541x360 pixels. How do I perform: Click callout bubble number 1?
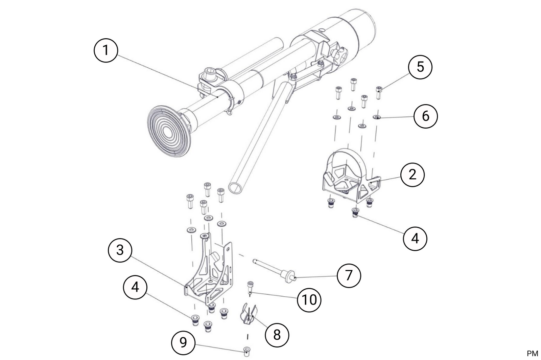pos(105,50)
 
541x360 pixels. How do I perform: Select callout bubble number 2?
pos(412,175)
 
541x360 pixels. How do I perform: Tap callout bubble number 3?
pos(120,250)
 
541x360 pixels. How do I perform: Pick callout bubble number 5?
pos(420,67)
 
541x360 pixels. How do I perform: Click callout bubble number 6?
pos(425,116)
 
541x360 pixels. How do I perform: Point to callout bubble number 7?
pos(349,275)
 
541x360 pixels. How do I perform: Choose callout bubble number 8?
pos(277,335)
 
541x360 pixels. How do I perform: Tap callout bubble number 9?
pos(183,342)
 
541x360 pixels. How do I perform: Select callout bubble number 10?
pos(309,299)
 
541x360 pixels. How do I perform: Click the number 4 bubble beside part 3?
pos(135,287)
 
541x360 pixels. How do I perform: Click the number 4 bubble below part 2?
pos(415,239)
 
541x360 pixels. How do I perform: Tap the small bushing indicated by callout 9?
pos(247,351)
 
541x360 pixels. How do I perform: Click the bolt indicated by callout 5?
pos(379,92)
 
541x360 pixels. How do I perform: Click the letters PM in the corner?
pos(532,354)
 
